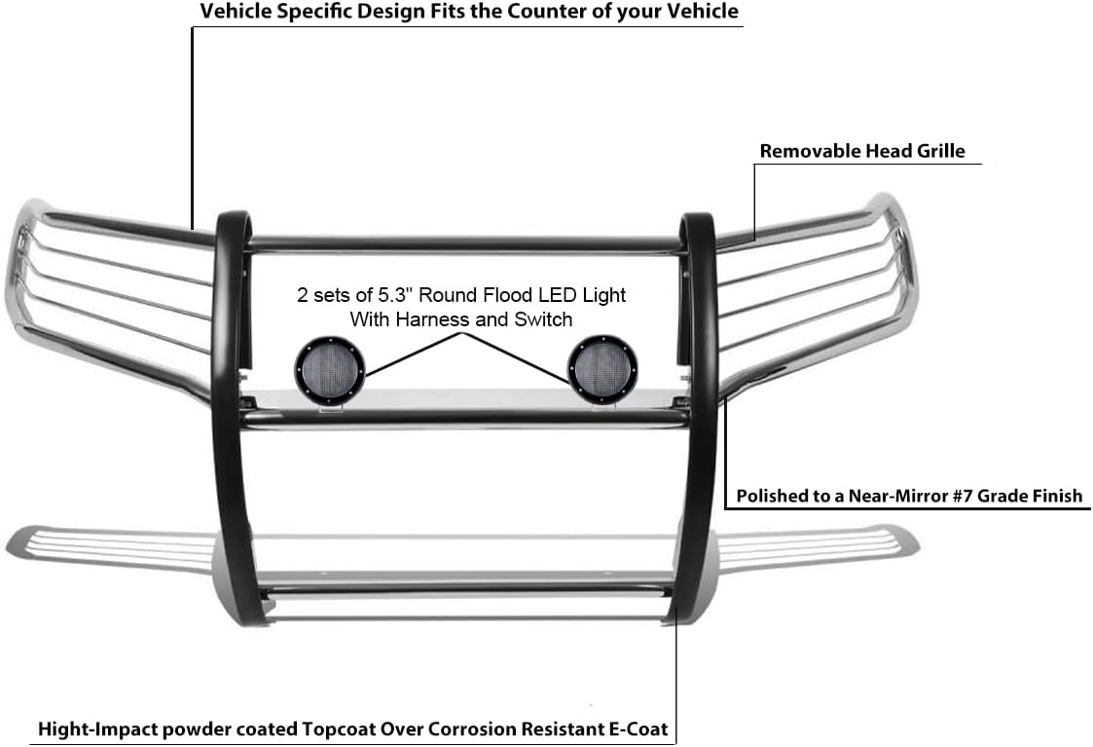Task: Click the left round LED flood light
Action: point(329,370)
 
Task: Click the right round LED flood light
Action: point(602,370)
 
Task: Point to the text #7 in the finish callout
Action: point(962,496)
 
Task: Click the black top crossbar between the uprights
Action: point(465,244)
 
